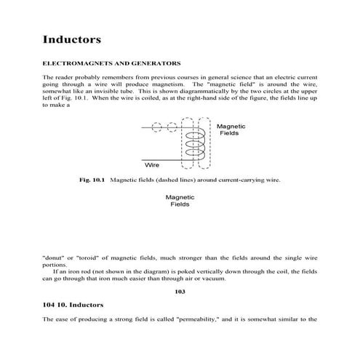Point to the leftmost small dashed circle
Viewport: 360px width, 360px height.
pyautogui.click(x=158, y=130)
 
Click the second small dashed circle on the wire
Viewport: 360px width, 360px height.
pyautogui.click(x=173, y=130)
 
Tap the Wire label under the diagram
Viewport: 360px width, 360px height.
pyautogui.click(x=151, y=165)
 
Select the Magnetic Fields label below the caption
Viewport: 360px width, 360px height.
pyautogui.click(x=180, y=201)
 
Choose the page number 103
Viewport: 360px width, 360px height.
pyautogui.click(x=180, y=292)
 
